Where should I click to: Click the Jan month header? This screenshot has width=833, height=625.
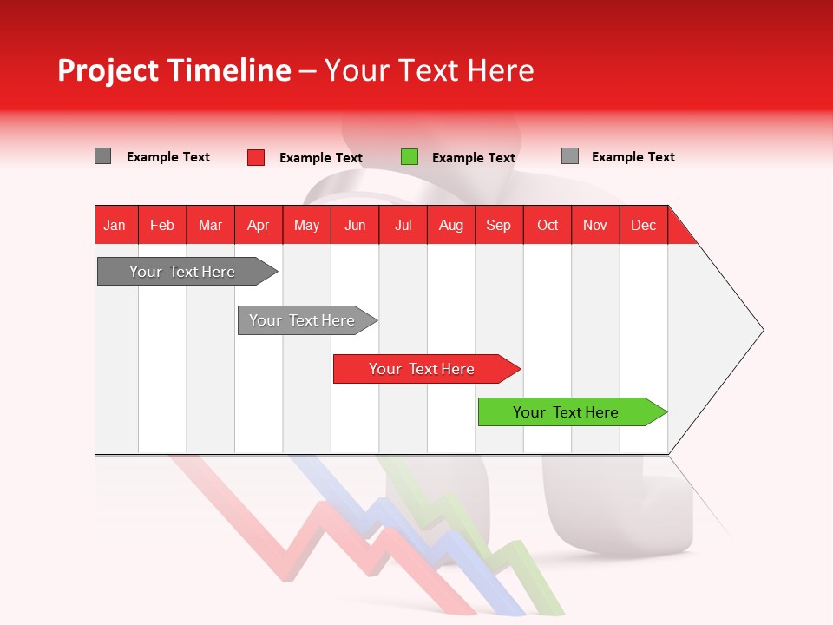click(x=115, y=225)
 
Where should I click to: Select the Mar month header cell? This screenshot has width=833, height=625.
click(x=210, y=225)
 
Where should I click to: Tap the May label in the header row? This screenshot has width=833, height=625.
click(x=306, y=225)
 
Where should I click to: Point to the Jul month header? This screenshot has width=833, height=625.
click(x=403, y=225)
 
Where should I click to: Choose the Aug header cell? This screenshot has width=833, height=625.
click(x=450, y=225)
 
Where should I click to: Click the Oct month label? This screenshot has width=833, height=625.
click(x=548, y=225)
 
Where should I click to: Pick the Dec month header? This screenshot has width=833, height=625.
click(x=643, y=225)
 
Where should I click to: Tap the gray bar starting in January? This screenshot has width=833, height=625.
click(x=182, y=272)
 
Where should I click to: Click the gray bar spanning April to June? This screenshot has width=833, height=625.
click(x=303, y=320)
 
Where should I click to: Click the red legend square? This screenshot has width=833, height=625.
click(x=256, y=157)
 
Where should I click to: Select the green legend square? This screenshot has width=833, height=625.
click(x=410, y=157)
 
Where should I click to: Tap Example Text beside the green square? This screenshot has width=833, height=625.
click(x=474, y=158)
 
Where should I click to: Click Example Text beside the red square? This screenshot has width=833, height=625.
click(x=321, y=158)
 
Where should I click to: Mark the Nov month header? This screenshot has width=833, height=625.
click(x=595, y=225)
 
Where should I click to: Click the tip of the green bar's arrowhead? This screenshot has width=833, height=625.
click(x=666, y=412)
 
